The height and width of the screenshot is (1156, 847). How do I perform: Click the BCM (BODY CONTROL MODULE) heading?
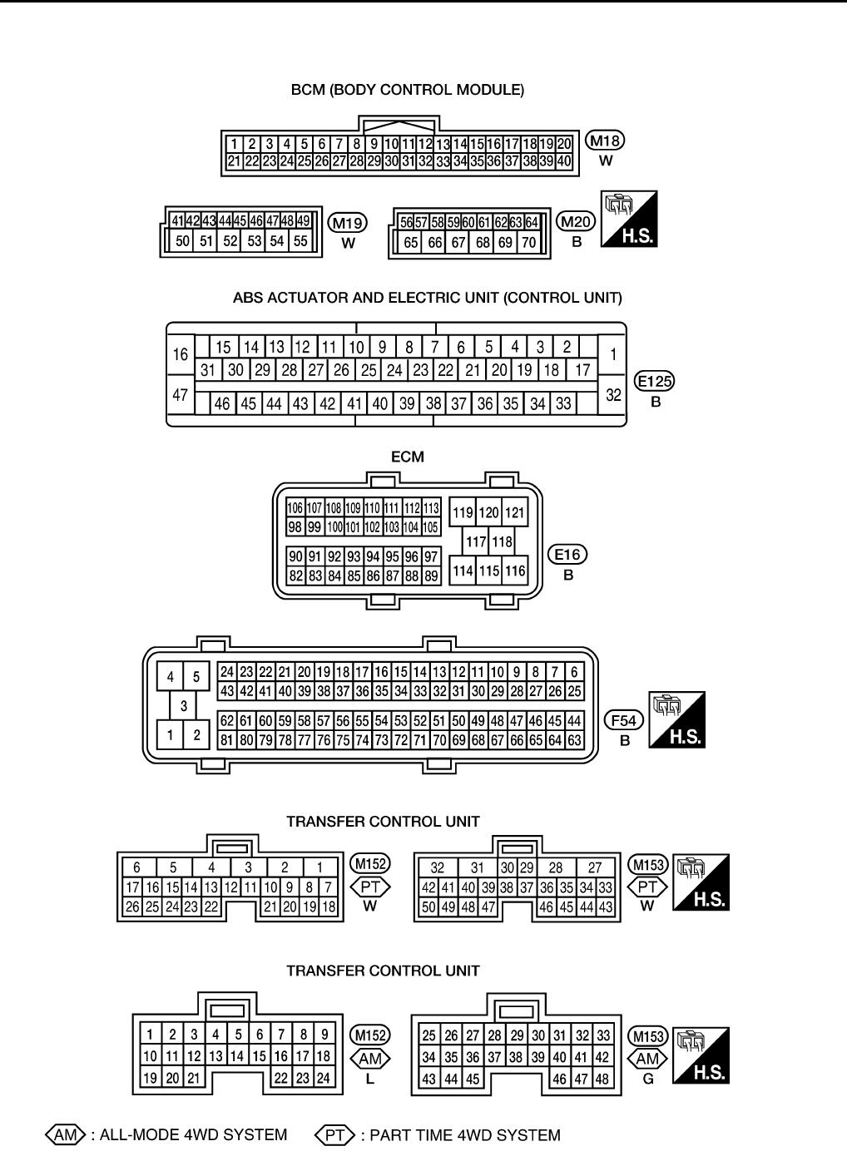tap(407, 90)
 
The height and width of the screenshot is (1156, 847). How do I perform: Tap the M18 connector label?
tap(606, 141)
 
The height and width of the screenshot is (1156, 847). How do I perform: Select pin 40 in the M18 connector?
tap(564, 161)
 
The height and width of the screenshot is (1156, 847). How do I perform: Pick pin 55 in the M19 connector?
tap(300, 241)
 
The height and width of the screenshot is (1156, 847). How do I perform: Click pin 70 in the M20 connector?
tap(528, 243)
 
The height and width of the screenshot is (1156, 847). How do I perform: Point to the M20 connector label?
tap(577, 222)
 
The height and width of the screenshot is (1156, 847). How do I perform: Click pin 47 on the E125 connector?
tap(181, 395)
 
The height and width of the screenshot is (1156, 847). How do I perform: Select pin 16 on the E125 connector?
tap(181, 355)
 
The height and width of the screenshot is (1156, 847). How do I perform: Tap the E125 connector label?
tap(655, 382)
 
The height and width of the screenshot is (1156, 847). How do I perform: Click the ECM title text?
tap(407, 457)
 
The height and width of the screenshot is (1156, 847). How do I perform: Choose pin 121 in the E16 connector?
tap(515, 513)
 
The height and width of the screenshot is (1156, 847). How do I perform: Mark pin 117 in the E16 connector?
tap(476, 542)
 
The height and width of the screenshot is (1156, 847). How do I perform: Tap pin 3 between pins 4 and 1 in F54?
tap(183, 706)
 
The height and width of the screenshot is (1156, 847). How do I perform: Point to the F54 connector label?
tap(625, 719)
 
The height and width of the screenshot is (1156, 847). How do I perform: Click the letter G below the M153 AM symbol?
tap(648, 1079)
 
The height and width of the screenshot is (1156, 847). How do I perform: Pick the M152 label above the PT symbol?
tap(370, 865)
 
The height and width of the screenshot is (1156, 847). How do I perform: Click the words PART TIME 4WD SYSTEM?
tap(464, 1135)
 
